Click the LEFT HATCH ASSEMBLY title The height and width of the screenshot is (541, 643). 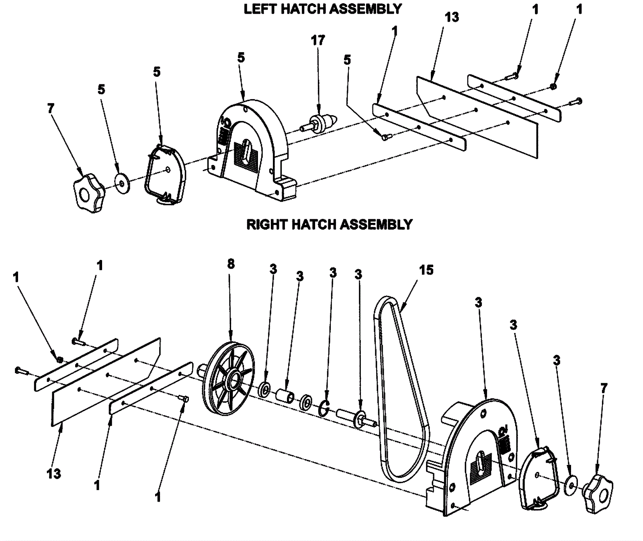(322, 9)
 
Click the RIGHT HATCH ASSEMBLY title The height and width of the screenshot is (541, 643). (329, 224)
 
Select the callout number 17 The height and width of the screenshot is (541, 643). (317, 40)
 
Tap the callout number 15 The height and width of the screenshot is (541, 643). (426, 270)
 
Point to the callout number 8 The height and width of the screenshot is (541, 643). (230, 264)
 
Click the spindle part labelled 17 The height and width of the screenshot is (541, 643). (319, 122)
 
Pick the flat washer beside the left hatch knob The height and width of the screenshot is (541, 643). (122, 183)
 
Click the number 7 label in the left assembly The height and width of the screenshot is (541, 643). (50, 108)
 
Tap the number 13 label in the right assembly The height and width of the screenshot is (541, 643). (53, 474)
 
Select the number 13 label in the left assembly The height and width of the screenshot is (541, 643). (452, 17)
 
